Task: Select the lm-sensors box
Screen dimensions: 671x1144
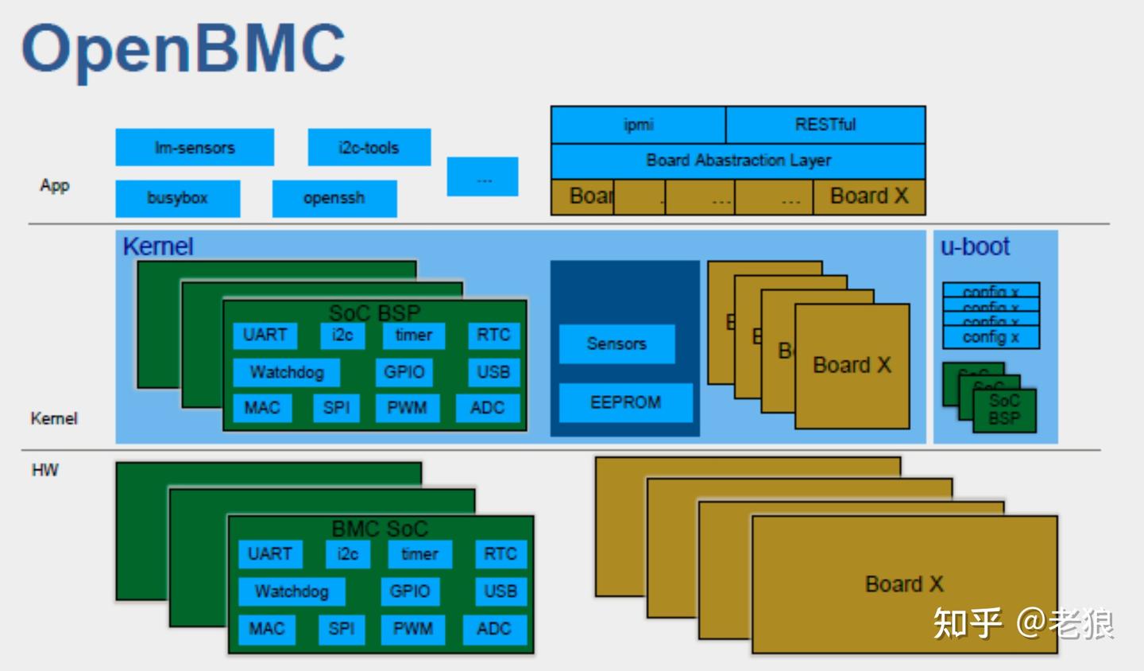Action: (x=195, y=148)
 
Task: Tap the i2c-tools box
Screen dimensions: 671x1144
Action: (x=369, y=148)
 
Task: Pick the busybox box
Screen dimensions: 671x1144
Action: (x=177, y=198)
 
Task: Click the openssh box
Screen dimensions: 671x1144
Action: (x=334, y=198)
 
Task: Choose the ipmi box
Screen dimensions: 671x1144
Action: (x=638, y=125)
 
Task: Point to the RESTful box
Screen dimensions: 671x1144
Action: (x=825, y=125)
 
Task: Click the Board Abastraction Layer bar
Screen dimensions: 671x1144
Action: (x=738, y=161)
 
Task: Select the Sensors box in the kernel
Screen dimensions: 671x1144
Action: (x=616, y=344)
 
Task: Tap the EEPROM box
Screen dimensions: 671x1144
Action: (x=625, y=402)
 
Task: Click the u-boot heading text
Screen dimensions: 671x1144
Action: (x=975, y=247)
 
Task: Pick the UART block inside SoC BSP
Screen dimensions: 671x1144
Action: (x=265, y=335)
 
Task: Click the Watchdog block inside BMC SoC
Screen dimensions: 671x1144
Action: (x=292, y=591)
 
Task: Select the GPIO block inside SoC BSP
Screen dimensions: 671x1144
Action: (x=404, y=372)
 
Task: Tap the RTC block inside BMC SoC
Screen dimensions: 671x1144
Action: (x=500, y=554)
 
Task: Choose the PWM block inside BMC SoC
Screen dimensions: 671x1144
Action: (x=413, y=629)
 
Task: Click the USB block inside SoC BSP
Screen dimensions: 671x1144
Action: (x=493, y=372)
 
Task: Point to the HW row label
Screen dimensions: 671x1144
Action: (x=45, y=470)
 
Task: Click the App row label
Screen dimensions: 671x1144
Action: (x=55, y=185)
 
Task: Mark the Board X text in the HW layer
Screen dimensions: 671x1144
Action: (x=904, y=584)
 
